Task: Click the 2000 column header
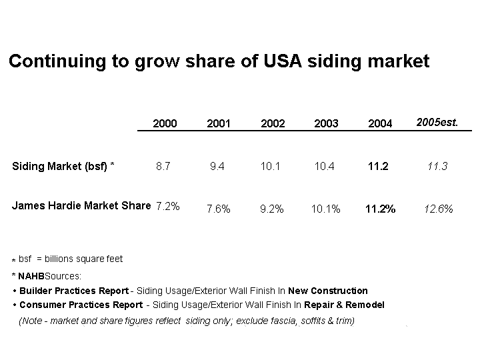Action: point(165,123)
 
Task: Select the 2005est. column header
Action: point(437,122)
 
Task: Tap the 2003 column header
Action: point(326,123)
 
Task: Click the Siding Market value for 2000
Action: point(163,166)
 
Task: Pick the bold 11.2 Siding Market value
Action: point(378,166)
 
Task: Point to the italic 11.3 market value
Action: point(437,166)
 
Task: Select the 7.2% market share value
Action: point(167,206)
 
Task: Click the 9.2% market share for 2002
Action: point(272,209)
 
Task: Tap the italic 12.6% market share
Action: point(438,209)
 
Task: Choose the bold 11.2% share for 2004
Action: point(380,209)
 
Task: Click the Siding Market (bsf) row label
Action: point(63,166)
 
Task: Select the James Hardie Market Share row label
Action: point(81,205)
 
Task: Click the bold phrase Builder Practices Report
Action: point(74,291)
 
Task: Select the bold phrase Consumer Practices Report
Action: point(81,305)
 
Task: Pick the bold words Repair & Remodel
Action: point(344,305)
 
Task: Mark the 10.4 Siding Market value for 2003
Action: point(324,166)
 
